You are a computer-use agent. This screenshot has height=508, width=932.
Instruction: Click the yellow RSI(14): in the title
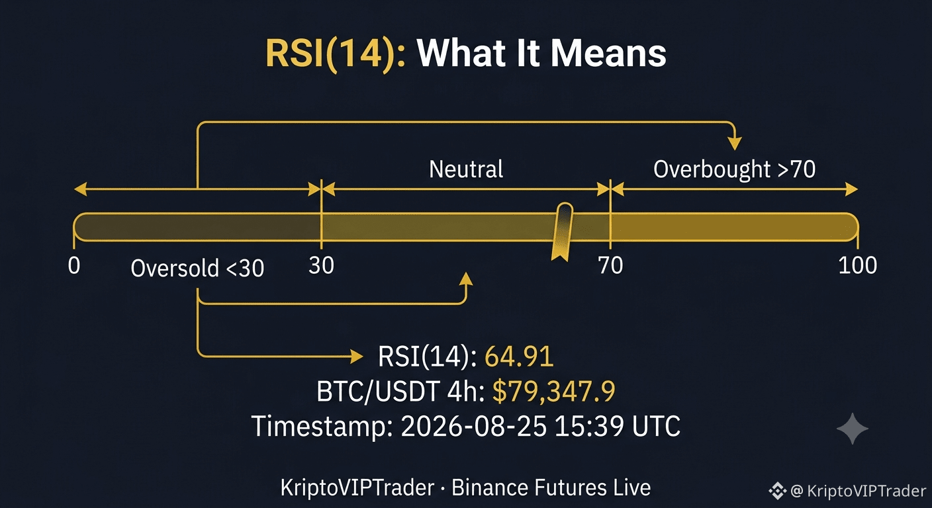point(336,53)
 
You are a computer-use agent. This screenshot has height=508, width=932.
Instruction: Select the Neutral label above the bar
point(466,169)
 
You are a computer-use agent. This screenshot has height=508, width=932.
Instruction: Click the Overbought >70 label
point(734,169)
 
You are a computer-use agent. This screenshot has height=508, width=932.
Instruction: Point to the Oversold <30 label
point(197,268)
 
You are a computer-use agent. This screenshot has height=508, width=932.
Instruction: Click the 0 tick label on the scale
point(74,265)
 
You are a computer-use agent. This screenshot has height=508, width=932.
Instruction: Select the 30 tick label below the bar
point(321,265)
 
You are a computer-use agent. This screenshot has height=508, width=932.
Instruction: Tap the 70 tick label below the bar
point(610,265)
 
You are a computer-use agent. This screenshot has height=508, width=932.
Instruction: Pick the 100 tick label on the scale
point(857,265)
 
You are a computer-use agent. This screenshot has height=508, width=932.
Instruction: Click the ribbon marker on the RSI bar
point(563,232)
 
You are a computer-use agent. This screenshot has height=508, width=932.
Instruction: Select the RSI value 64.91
point(519,357)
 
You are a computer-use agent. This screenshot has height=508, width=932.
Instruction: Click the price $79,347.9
point(554,391)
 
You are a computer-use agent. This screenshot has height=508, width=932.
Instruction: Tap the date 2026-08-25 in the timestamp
point(473,426)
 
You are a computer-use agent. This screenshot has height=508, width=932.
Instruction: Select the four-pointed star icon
point(853,429)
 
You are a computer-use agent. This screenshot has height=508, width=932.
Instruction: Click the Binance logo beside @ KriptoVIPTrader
point(777,491)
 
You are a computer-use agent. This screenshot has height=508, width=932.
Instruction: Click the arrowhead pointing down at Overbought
point(735,144)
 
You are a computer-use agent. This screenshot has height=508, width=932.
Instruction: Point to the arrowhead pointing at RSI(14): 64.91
point(357,357)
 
